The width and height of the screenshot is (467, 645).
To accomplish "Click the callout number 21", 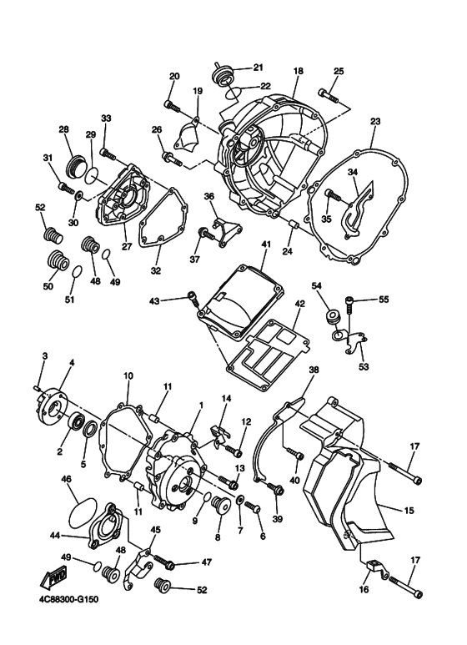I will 258,67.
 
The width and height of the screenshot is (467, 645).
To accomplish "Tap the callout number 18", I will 298,73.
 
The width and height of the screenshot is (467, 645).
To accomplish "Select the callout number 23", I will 374,122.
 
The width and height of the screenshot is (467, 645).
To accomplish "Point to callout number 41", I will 266,244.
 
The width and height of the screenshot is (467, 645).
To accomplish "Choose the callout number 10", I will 129,376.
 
